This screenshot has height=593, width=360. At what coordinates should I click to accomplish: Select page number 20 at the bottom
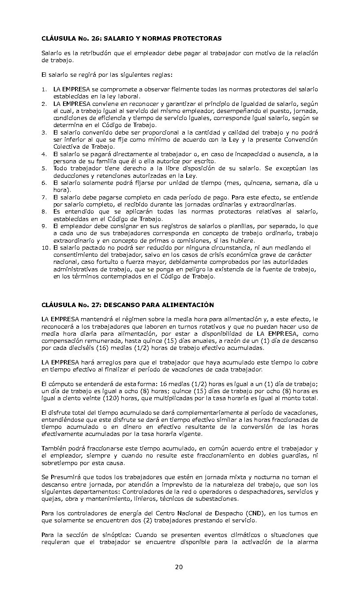(x=179, y=567)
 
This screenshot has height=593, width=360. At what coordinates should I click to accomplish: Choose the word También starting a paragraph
(x=54, y=448)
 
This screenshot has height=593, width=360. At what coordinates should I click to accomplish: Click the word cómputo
(x=59, y=384)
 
